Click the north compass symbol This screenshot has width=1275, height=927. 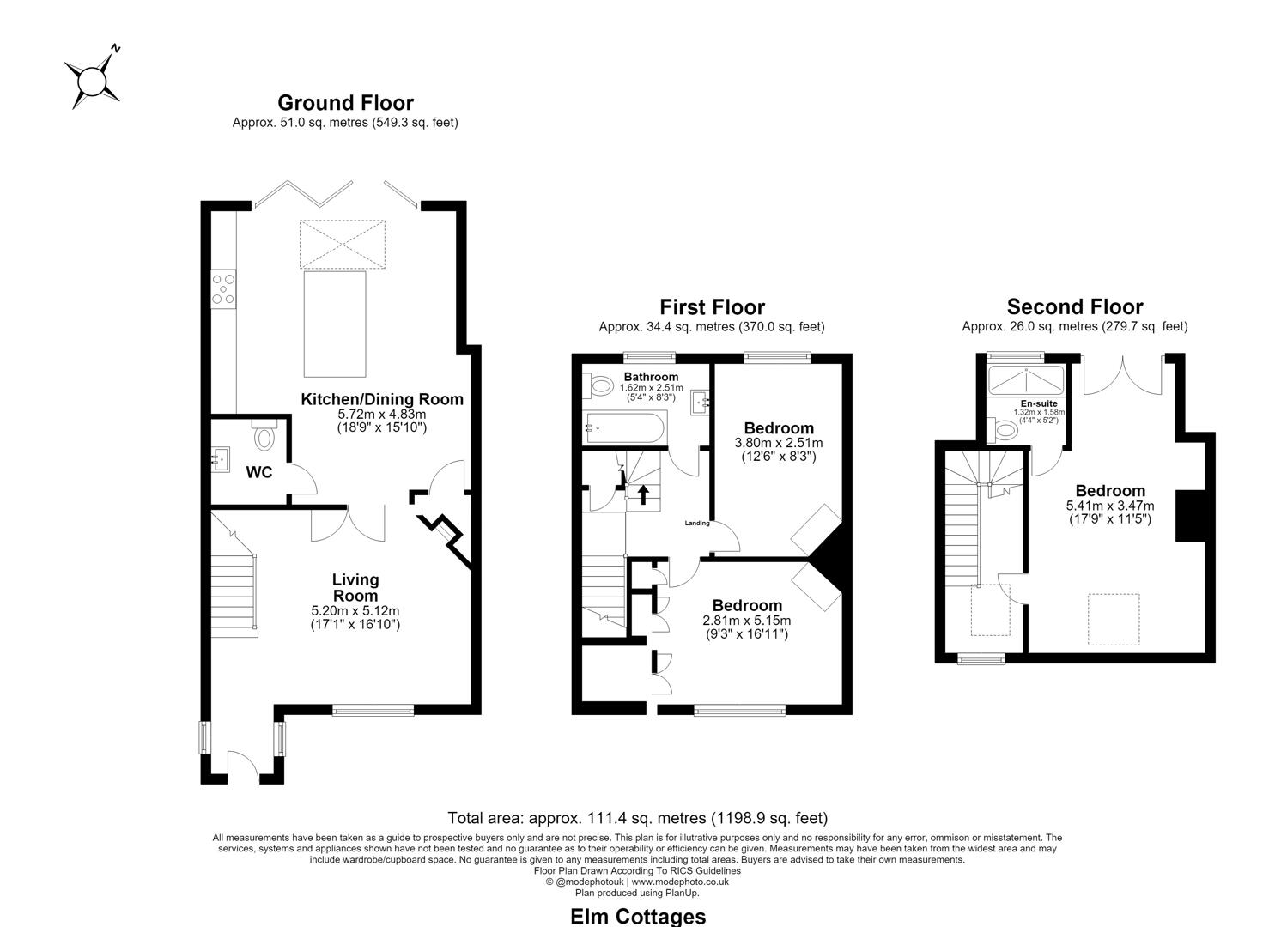(91, 78)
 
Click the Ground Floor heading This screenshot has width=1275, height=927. (345, 103)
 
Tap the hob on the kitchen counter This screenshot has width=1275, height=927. (223, 289)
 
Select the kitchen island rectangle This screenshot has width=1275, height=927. (335, 324)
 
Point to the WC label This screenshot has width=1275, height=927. (259, 472)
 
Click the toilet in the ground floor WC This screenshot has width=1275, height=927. (264, 435)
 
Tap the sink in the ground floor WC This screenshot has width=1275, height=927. (221, 459)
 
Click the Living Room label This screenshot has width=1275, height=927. (355, 588)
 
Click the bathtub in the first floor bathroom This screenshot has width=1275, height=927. (624, 427)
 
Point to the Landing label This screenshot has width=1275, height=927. (696, 523)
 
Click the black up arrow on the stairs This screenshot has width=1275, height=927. (643, 494)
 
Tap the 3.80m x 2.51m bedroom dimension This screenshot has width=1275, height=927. (779, 443)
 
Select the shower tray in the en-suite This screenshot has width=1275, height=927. (1026, 380)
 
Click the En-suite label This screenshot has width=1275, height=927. (1039, 403)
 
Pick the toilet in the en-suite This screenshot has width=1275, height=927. (1005, 430)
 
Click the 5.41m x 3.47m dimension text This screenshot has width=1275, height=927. (1110, 506)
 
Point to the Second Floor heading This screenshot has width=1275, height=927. (1075, 307)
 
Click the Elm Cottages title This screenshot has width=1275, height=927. (638, 917)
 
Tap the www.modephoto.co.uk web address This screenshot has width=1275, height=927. (680, 882)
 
